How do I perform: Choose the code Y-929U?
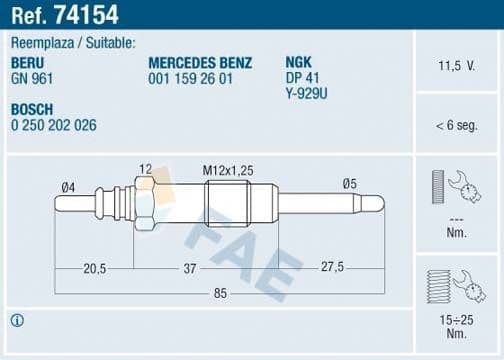(307, 93)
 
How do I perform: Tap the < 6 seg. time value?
(455, 126)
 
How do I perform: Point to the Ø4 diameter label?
(68, 185)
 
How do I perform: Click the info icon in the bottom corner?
(17, 321)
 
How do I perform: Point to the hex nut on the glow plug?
(142, 203)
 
